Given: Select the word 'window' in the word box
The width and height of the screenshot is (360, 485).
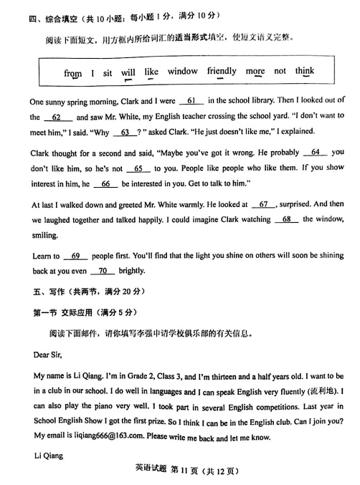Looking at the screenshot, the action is (183, 72).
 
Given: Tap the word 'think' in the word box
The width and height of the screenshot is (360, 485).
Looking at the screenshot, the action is (304, 72).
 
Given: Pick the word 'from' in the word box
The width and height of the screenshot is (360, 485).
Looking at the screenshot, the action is (72, 73).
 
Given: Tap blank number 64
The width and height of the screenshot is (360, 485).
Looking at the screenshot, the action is (315, 153).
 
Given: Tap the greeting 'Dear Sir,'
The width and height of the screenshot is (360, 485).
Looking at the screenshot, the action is (48, 354).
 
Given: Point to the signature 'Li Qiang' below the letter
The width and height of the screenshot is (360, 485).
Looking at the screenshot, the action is (48, 456).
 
